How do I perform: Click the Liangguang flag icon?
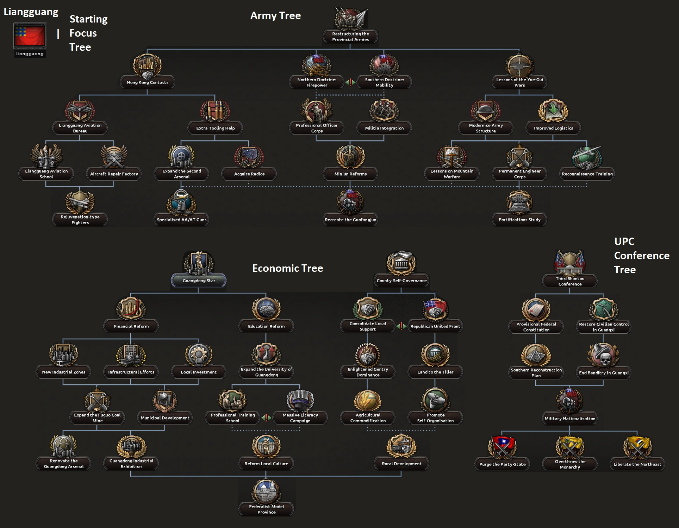[x=30, y=36]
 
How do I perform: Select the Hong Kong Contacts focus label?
[x=148, y=82]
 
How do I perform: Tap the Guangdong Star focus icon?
[x=199, y=263]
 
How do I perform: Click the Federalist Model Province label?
[x=266, y=509]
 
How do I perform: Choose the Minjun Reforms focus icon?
[x=350, y=157]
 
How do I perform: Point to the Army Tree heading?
[x=275, y=15]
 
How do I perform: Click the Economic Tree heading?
[x=287, y=268]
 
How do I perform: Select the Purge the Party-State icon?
[x=502, y=447]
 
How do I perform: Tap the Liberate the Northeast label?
[x=637, y=464]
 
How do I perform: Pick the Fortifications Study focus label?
[x=519, y=220]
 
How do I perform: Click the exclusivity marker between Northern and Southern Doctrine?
[x=350, y=82]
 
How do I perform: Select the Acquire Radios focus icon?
[x=249, y=157]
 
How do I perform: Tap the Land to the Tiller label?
[x=435, y=372]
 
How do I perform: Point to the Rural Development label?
[x=401, y=464]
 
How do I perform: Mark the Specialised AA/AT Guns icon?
[x=182, y=202]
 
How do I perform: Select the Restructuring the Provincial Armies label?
[x=350, y=37]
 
